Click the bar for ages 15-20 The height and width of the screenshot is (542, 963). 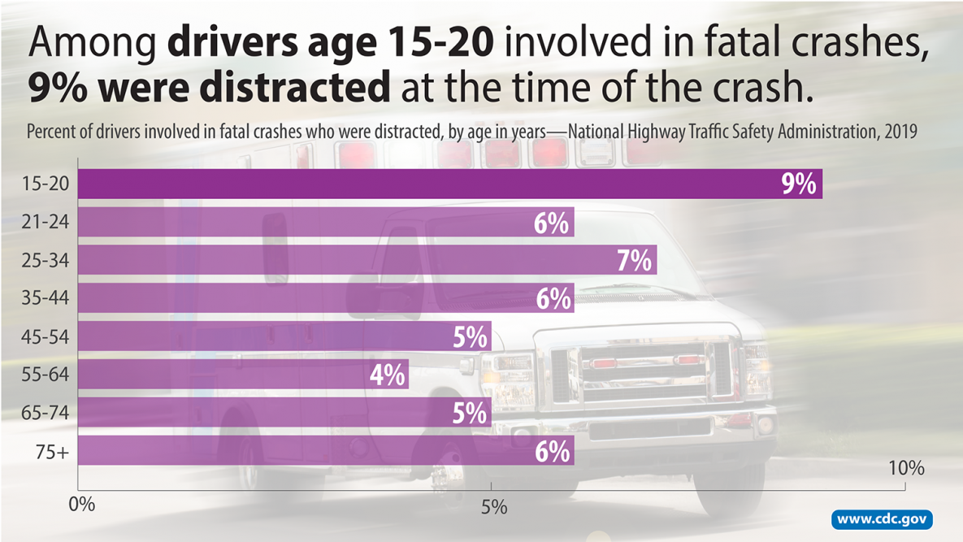click(450, 184)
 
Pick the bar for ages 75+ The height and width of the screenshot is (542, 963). click(326, 450)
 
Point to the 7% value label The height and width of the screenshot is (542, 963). click(634, 261)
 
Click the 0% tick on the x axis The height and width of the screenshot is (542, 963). click(81, 505)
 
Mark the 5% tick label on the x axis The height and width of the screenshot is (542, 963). click(493, 508)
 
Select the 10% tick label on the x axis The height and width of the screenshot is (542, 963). click(907, 469)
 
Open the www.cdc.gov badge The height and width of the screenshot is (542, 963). click(883, 519)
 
